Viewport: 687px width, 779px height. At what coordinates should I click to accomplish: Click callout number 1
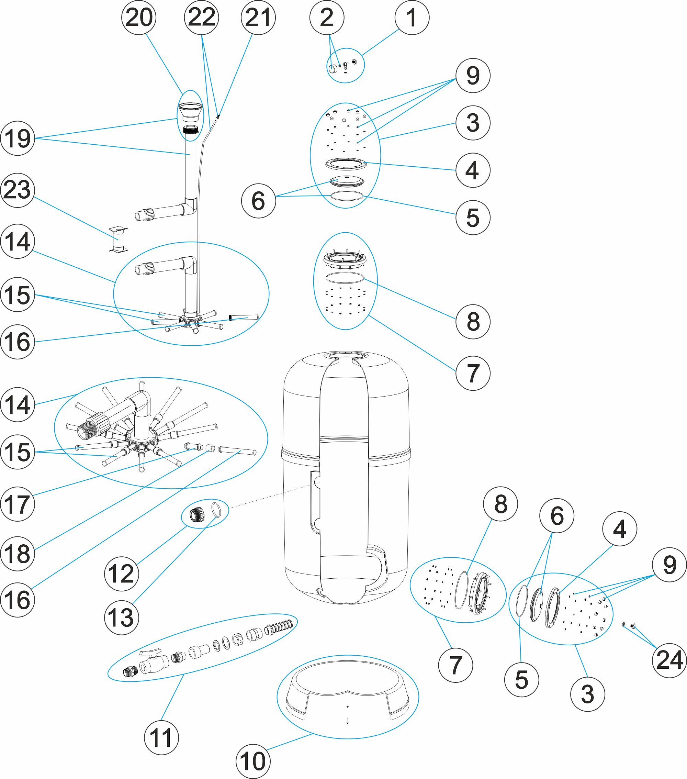412,18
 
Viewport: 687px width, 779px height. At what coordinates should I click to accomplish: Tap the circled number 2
327,18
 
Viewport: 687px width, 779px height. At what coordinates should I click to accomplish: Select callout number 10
253,761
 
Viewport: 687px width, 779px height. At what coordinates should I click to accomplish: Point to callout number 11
161,737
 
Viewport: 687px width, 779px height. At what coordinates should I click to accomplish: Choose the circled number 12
121,574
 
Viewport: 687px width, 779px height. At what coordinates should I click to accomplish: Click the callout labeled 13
121,617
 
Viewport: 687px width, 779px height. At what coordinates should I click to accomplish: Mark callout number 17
18,504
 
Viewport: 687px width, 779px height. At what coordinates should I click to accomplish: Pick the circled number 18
18,553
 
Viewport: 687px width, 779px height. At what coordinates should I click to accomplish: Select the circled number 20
139,18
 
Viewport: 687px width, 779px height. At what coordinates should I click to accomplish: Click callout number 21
258,18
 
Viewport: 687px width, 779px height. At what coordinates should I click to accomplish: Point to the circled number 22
201,18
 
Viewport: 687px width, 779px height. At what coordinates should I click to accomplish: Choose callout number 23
18,190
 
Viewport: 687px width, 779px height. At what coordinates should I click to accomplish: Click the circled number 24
669,660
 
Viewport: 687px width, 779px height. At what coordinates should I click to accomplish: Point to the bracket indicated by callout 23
118,240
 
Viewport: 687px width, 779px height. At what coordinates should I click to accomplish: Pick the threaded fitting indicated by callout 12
198,515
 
